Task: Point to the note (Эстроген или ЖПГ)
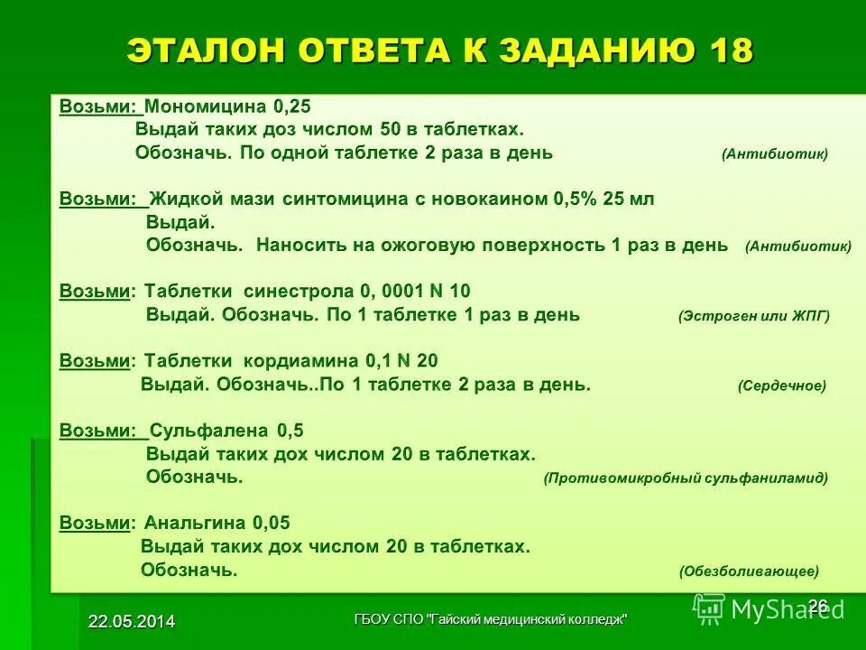753,317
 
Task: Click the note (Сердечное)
781,386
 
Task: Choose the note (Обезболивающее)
749,571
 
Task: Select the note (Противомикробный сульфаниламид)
686,478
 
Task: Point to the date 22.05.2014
132,620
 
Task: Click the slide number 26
817,605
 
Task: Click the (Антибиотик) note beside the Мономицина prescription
774,154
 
